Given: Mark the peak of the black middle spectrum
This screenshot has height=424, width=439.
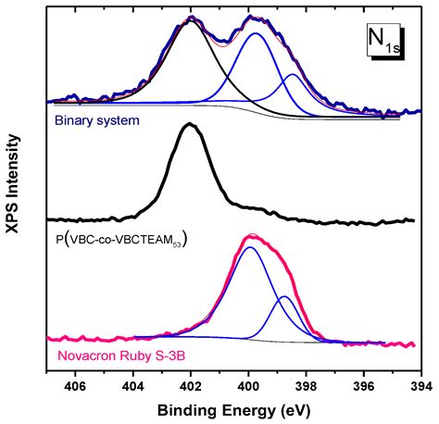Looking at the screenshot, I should point(190,124).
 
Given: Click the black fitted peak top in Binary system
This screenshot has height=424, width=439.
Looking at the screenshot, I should point(191,21).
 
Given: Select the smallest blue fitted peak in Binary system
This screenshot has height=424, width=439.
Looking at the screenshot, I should point(293,74).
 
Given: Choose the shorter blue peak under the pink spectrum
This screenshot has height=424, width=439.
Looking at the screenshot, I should point(284,296).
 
